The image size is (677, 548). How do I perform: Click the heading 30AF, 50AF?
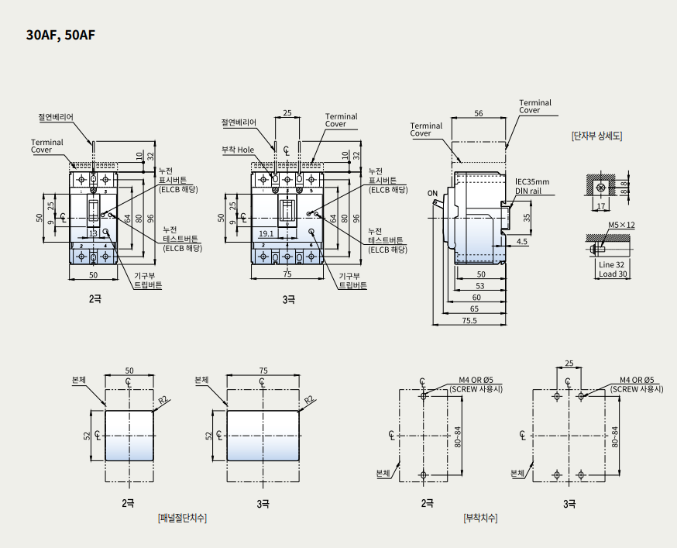[60, 36]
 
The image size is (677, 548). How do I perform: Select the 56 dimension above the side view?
[478, 114]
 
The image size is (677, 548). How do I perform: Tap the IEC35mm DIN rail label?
[533, 187]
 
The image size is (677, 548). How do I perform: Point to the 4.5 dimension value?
[521, 242]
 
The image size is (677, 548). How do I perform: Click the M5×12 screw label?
[621, 225]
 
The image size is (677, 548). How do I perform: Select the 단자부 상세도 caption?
[596, 136]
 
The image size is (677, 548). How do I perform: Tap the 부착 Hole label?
[238, 150]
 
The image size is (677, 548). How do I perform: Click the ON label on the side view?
[431, 192]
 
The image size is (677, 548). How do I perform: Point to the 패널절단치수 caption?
[182, 518]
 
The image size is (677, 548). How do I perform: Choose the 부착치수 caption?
[480, 518]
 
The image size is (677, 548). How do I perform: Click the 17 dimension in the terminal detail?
[600, 207]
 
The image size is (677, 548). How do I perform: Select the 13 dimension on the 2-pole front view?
[92, 233]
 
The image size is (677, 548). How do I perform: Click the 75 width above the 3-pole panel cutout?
[263, 371]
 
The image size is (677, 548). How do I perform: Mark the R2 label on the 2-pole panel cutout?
[163, 400]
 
